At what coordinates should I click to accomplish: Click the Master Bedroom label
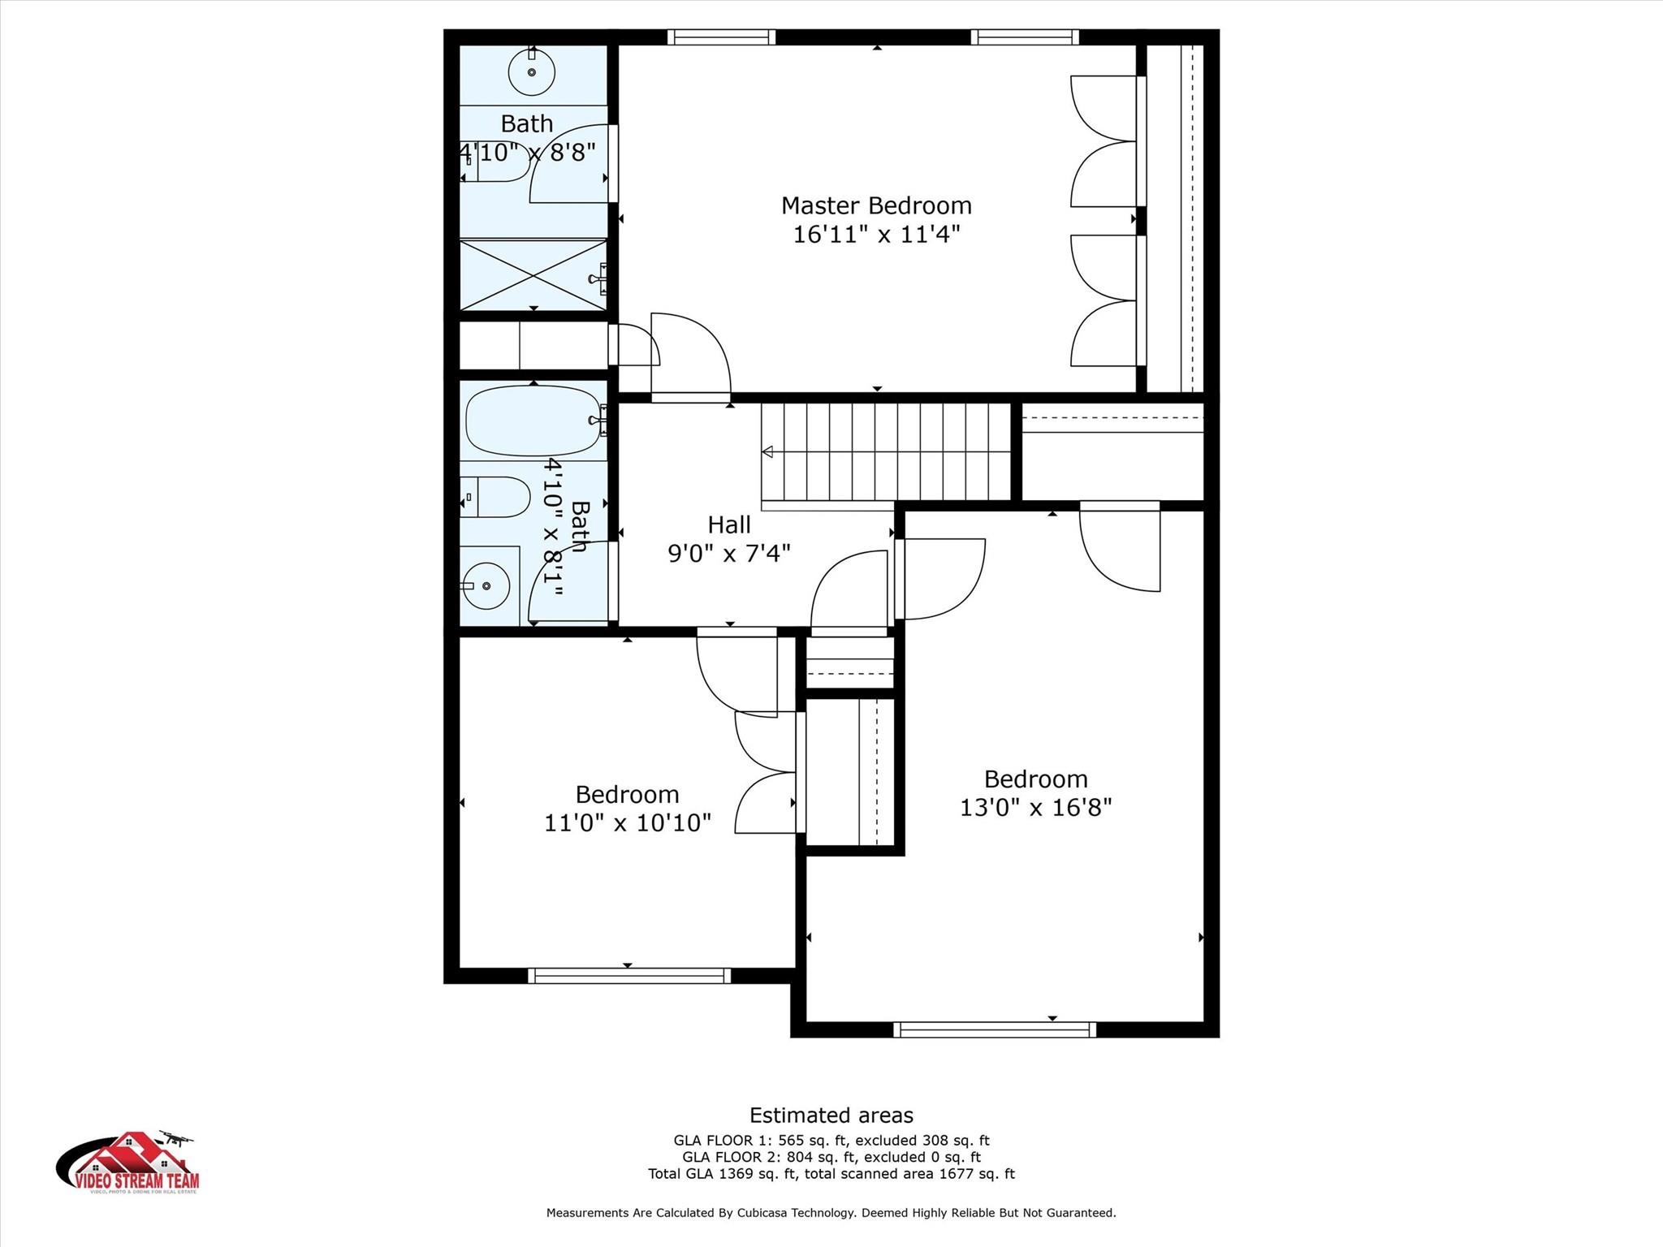(875, 205)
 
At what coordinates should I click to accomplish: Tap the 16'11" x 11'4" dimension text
(876, 235)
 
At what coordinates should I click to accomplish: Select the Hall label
(728, 525)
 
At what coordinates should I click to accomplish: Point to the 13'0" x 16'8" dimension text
(1035, 808)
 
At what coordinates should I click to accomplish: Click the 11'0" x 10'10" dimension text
(627, 823)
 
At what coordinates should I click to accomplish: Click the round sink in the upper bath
(532, 72)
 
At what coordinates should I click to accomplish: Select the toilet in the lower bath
(496, 497)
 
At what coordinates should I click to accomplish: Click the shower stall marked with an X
(533, 274)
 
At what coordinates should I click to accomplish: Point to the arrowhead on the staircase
(767, 452)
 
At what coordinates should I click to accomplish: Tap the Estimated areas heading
(831, 1115)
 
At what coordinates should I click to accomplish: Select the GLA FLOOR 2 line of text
(831, 1157)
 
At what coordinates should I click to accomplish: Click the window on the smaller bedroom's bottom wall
(628, 976)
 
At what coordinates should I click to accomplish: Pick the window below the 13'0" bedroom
(994, 1029)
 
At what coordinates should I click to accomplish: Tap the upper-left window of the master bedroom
(721, 37)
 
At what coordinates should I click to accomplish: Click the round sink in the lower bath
(485, 585)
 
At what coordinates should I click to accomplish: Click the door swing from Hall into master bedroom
(690, 357)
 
